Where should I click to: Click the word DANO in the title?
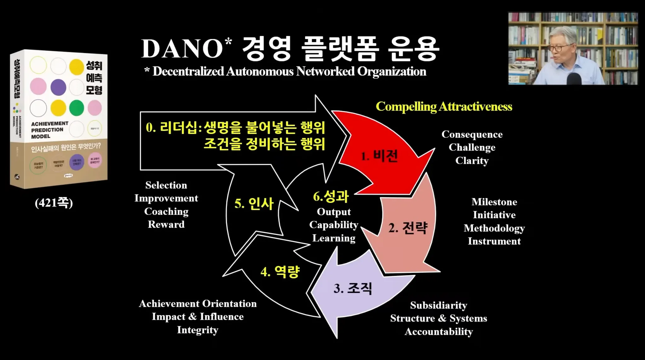(x=182, y=49)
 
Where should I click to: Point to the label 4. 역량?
(x=280, y=271)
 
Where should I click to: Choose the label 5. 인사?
(x=254, y=203)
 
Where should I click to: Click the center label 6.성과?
(x=331, y=197)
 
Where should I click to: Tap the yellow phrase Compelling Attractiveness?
(x=444, y=106)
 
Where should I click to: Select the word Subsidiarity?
(x=438, y=305)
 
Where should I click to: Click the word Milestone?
(x=494, y=202)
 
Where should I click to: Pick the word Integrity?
(x=197, y=330)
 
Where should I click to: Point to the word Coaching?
(x=166, y=211)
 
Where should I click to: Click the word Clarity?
(x=472, y=161)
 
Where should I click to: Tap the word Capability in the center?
(x=334, y=225)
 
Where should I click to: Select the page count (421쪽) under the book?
(x=54, y=203)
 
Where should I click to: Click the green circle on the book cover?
(x=77, y=108)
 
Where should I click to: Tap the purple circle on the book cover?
(x=58, y=87)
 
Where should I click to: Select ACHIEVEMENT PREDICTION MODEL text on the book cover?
(x=49, y=130)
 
